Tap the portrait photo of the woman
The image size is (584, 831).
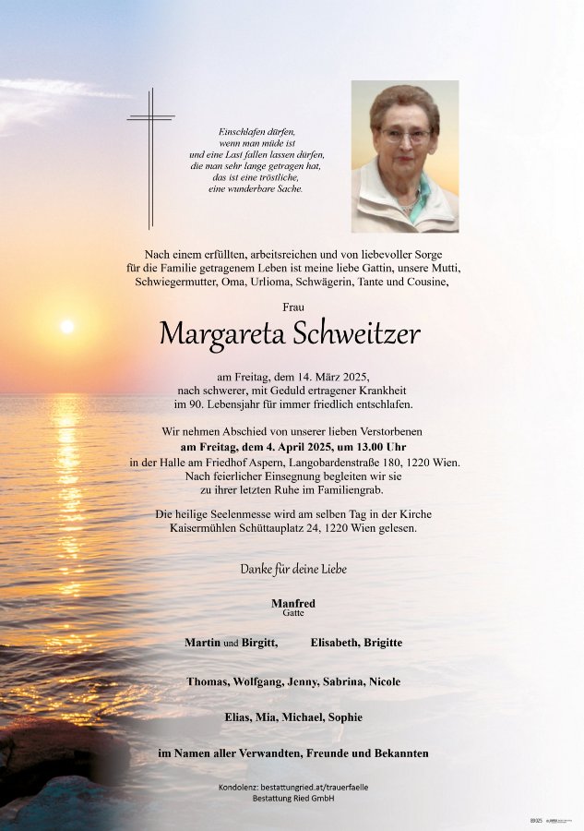(x=404, y=156)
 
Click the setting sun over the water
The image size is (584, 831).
(x=66, y=326)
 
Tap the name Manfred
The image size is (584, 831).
(x=292, y=603)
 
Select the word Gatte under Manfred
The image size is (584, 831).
(x=292, y=613)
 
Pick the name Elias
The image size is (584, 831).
(x=239, y=717)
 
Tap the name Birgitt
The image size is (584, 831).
(x=259, y=642)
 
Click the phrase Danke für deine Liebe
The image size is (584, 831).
(x=293, y=569)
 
